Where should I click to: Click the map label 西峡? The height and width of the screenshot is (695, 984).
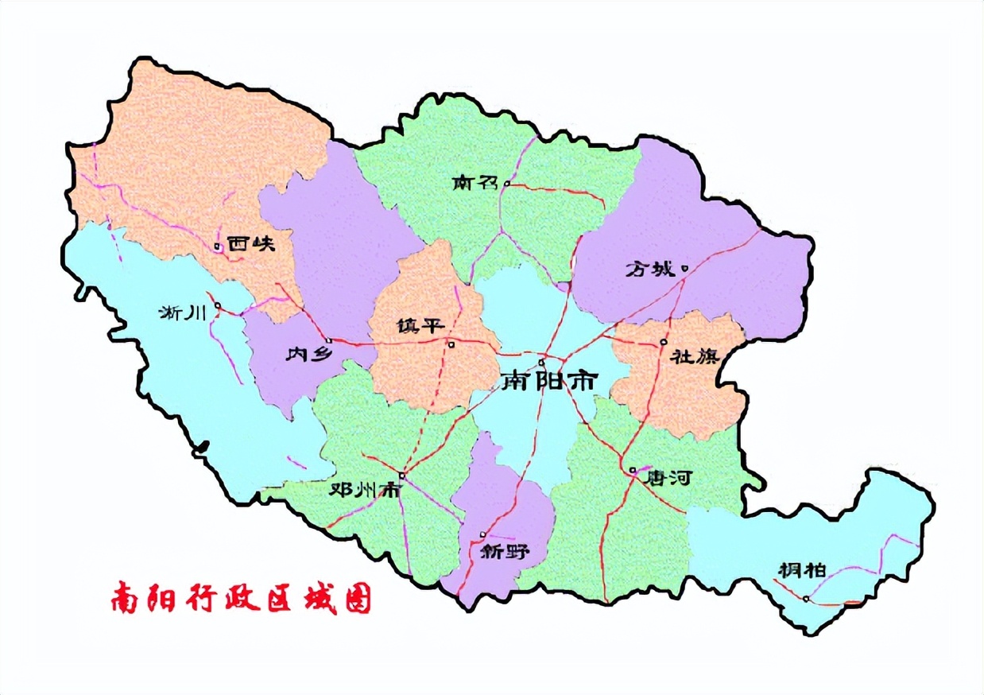pyautogui.click(x=250, y=244)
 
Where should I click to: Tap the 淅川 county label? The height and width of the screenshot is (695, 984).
pyautogui.click(x=183, y=313)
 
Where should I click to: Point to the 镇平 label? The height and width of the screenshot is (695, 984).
pyautogui.click(x=419, y=327)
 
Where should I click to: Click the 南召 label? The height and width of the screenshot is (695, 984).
pyautogui.click(x=475, y=184)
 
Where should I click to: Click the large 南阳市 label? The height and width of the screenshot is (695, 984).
pyautogui.click(x=548, y=382)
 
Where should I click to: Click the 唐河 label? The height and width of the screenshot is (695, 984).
pyautogui.click(x=669, y=478)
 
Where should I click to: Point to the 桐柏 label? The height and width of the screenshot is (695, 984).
pyautogui.click(x=802, y=570)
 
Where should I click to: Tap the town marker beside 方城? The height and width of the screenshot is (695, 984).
pyautogui.click(x=684, y=268)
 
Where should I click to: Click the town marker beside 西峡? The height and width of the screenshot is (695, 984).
pyautogui.click(x=217, y=247)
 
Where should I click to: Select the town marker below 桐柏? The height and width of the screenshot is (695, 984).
pyautogui.click(x=806, y=599)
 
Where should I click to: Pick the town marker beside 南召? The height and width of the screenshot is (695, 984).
pyautogui.click(x=506, y=184)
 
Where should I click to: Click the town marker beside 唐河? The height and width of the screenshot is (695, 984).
pyautogui.click(x=633, y=471)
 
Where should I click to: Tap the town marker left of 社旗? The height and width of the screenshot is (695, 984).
pyautogui.click(x=663, y=343)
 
